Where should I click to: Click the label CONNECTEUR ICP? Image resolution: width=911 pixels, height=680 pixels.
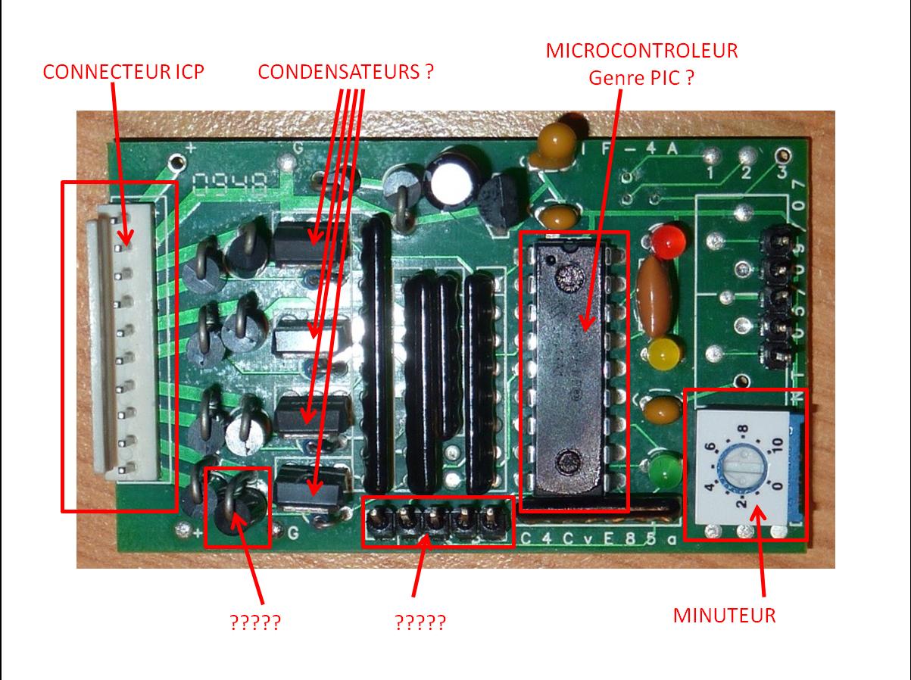[x=123, y=72]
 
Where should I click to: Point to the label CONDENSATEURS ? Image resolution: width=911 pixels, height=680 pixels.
[x=346, y=72]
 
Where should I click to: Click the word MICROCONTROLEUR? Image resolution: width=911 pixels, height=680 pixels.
[x=641, y=51]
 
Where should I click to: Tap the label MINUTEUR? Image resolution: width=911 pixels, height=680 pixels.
[x=724, y=615]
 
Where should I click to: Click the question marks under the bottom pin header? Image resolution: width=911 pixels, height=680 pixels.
[x=420, y=622]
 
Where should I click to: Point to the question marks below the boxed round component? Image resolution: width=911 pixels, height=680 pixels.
[x=255, y=622]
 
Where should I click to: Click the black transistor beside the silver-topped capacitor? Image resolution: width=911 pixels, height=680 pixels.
[x=497, y=201]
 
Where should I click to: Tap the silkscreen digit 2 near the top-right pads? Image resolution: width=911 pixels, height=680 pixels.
[x=745, y=175]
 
